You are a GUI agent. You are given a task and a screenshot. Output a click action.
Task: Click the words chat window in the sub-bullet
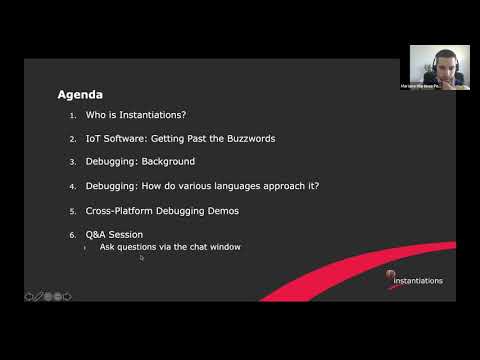[217, 246]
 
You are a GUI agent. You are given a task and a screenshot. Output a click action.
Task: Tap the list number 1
[72, 116]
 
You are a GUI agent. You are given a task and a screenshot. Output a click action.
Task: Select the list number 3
[72, 162]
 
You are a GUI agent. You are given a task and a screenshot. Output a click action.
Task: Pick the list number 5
[72, 211]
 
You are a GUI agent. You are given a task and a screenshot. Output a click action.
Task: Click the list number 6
[72, 235]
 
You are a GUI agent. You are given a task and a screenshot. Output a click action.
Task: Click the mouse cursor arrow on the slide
[142, 258]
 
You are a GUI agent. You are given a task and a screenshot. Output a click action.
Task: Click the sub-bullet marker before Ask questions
[86, 246]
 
